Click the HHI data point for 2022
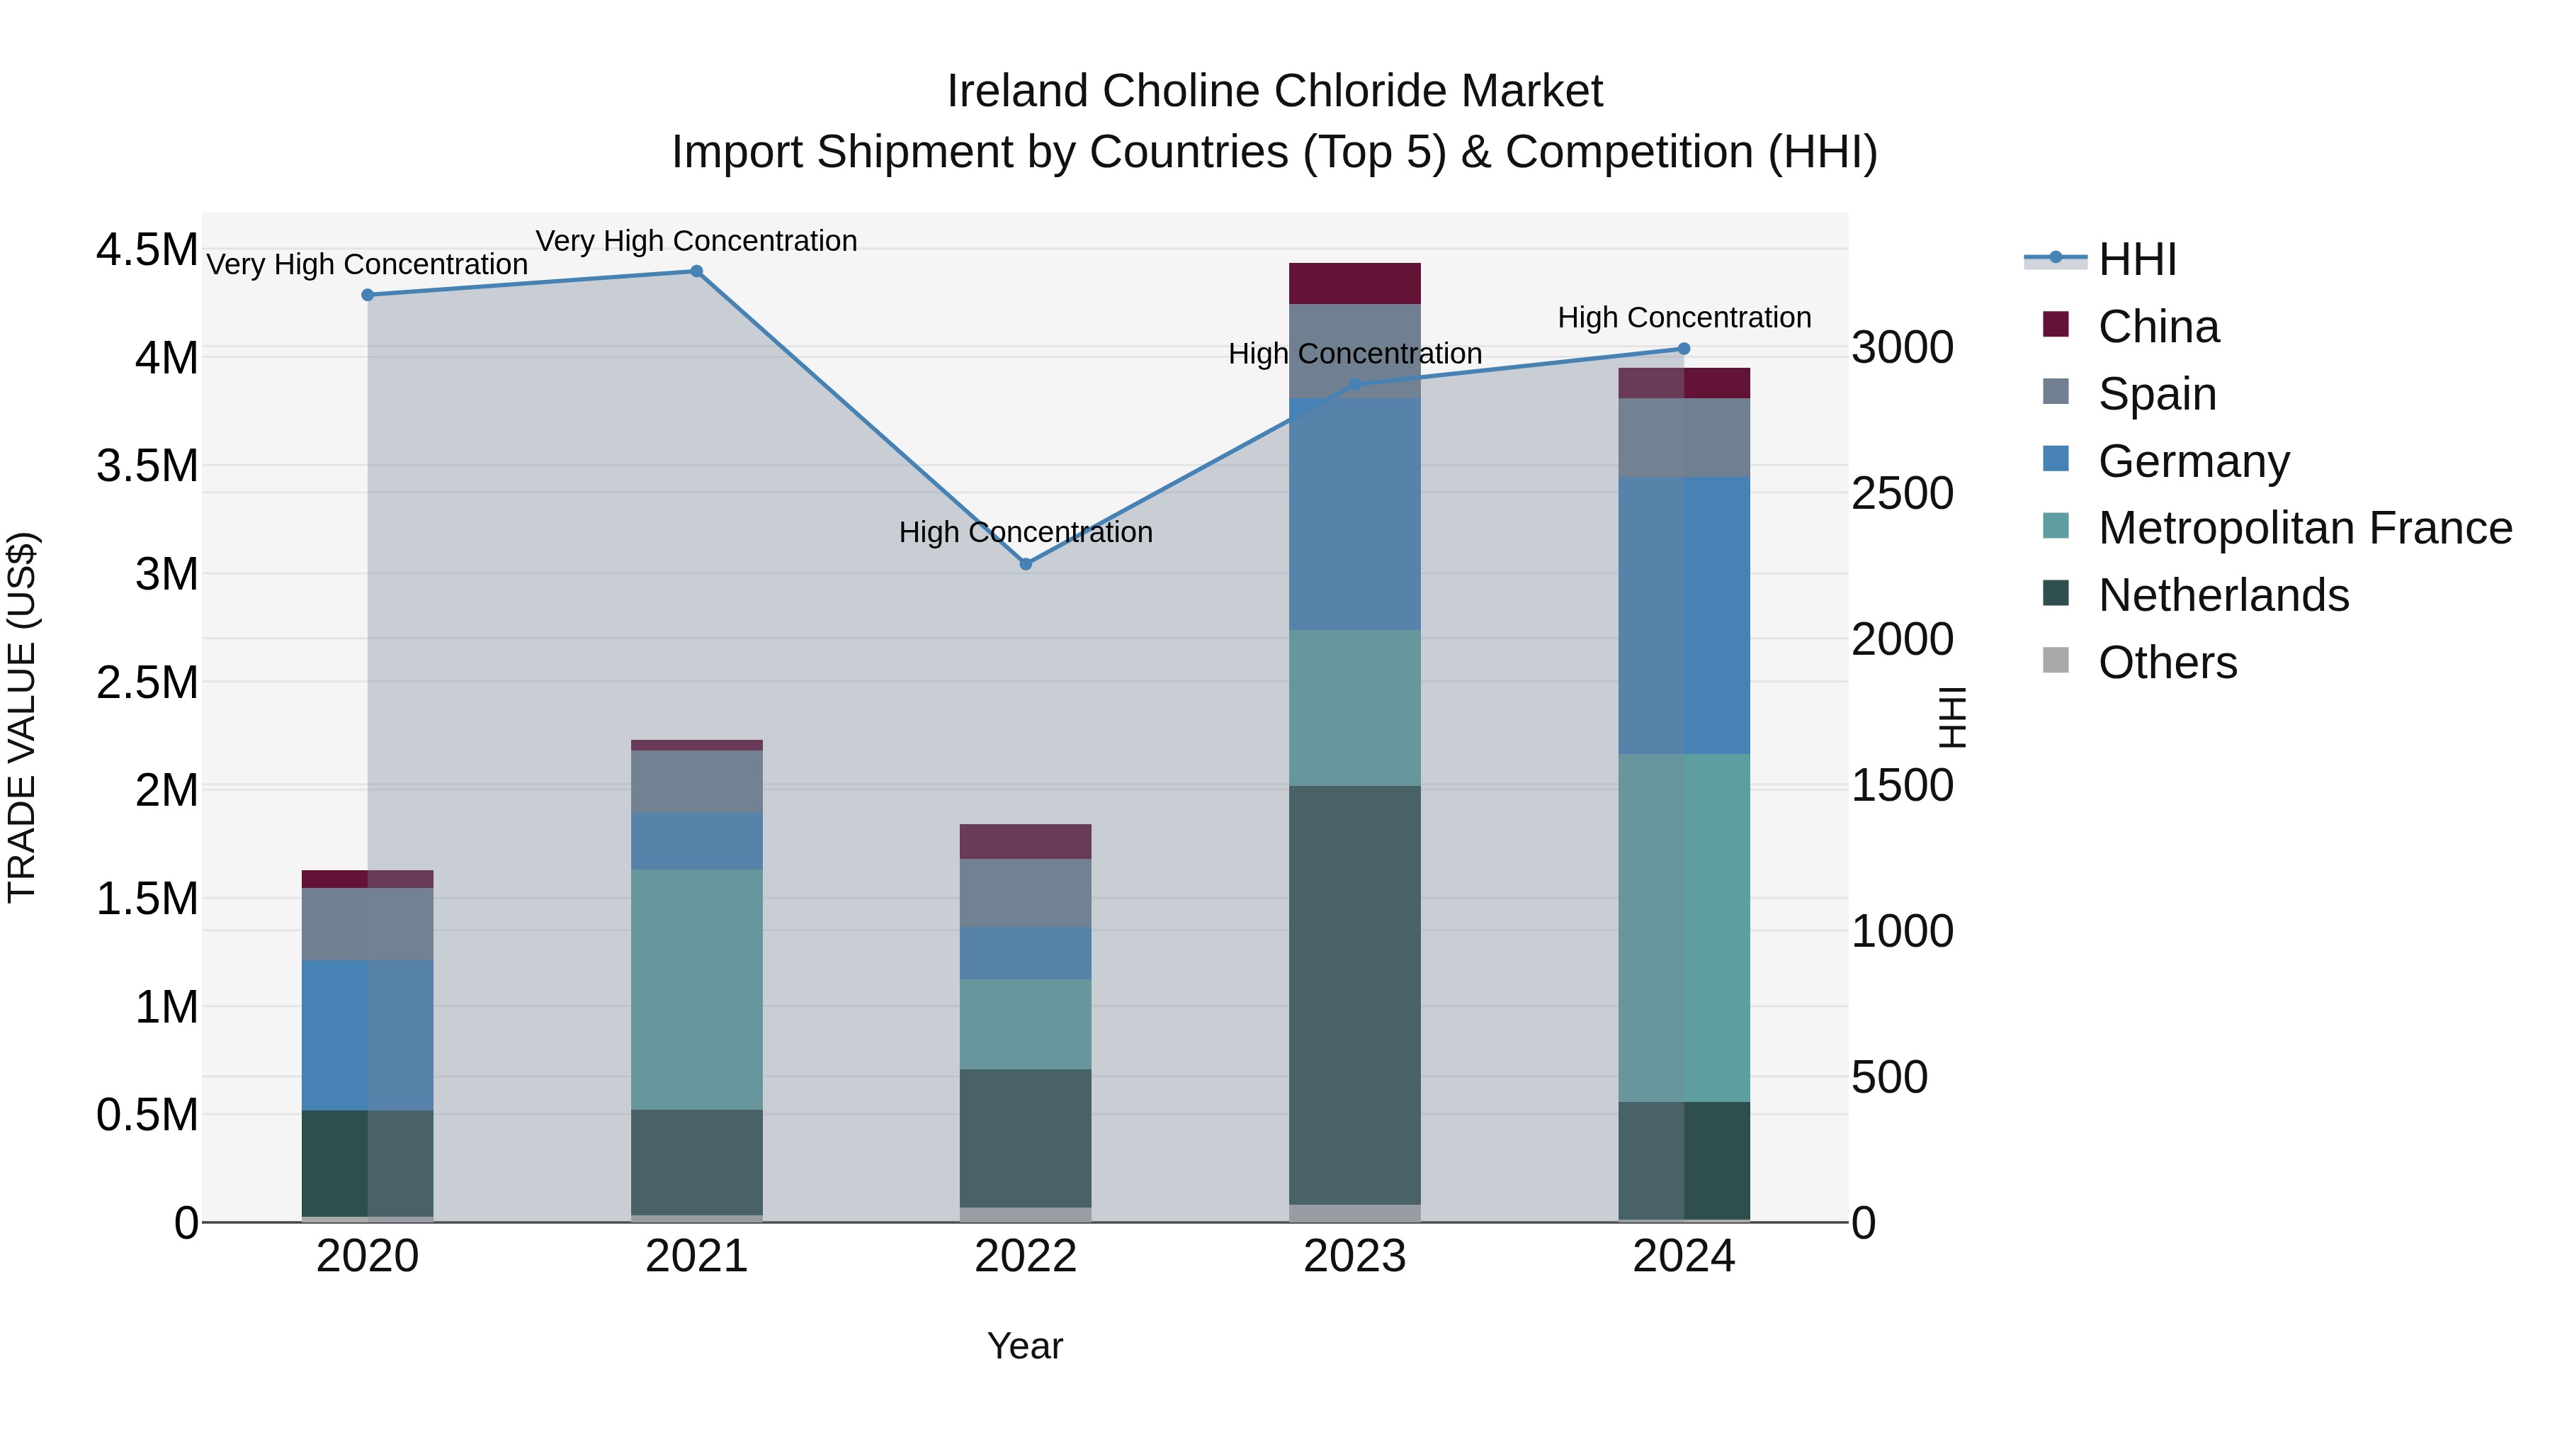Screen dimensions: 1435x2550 pos(1026,563)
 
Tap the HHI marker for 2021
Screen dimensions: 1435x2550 pos(696,271)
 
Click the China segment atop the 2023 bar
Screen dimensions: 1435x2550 pos(1354,283)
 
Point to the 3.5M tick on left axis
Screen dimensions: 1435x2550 pos(147,466)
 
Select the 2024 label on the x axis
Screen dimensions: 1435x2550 pos(1683,1256)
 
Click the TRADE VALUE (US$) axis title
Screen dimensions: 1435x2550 pos(22,717)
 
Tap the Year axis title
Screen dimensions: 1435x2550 pos(1024,1346)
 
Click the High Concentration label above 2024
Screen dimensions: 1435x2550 pos(1684,318)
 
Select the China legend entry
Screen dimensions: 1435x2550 pos(2158,327)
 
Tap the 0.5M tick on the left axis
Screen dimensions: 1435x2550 pos(147,1115)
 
